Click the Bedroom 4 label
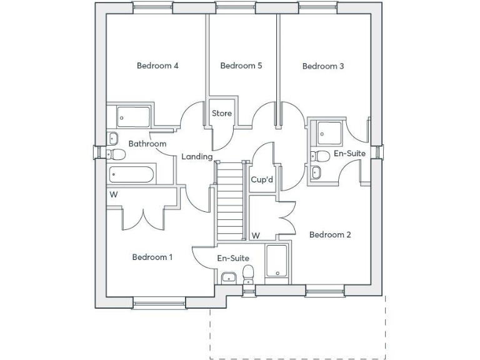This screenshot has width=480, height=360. coord(157,66)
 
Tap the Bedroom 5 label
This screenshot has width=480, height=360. coord(241,66)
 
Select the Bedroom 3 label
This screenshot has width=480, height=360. coord(323,66)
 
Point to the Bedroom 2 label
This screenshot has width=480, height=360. coord(330,235)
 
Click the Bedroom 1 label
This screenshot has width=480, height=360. coord(152,257)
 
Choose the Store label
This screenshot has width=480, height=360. coord(222,113)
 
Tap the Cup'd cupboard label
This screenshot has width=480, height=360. coord(262,179)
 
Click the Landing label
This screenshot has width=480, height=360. coord(197,157)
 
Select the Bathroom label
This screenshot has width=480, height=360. coord(147,144)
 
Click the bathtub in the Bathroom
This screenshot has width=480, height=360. coord(132,174)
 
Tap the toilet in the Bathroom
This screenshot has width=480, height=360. coord(116,154)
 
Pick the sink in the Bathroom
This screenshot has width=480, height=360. coord(112,138)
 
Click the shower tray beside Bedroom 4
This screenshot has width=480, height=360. coord(133,117)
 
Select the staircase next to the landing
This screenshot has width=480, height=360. coord(230,201)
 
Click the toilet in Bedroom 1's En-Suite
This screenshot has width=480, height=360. coord(248,274)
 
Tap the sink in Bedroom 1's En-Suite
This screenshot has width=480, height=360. coord(228,278)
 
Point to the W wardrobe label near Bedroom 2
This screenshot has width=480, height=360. coord(256,236)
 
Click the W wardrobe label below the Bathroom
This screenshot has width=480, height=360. coord(114,195)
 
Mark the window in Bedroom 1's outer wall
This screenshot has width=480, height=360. coord(159,303)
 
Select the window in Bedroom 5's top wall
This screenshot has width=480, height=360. coord(236,7)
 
